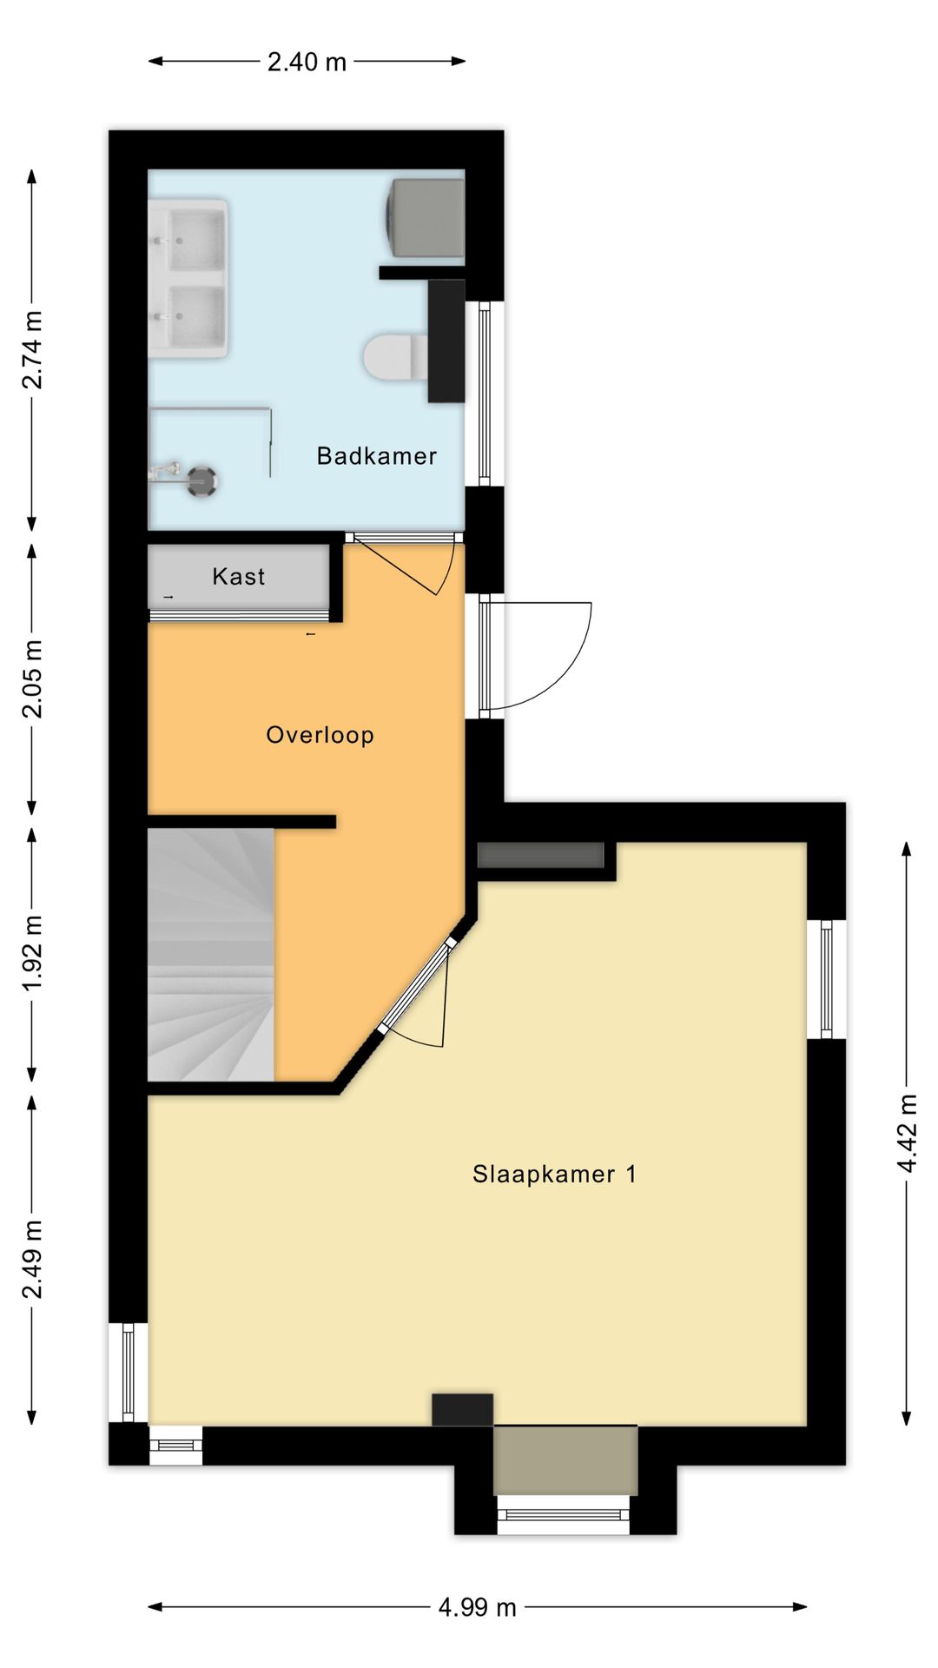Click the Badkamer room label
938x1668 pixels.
(376, 455)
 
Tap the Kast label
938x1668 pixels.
(238, 576)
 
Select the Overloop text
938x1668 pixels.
(320, 735)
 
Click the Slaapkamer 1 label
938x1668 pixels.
(554, 1175)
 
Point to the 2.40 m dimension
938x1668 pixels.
(307, 62)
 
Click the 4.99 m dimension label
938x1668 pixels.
(477, 1607)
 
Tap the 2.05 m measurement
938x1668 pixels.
(32, 678)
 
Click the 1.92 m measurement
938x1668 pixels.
(32, 953)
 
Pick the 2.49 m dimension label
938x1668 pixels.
(32, 1259)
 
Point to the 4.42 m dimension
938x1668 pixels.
(907, 1133)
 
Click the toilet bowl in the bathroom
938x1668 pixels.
(391, 357)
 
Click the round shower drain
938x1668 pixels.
(203, 480)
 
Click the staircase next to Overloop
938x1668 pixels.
(210, 954)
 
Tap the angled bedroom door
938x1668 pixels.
(417, 986)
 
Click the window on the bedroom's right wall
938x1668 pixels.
(826, 978)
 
